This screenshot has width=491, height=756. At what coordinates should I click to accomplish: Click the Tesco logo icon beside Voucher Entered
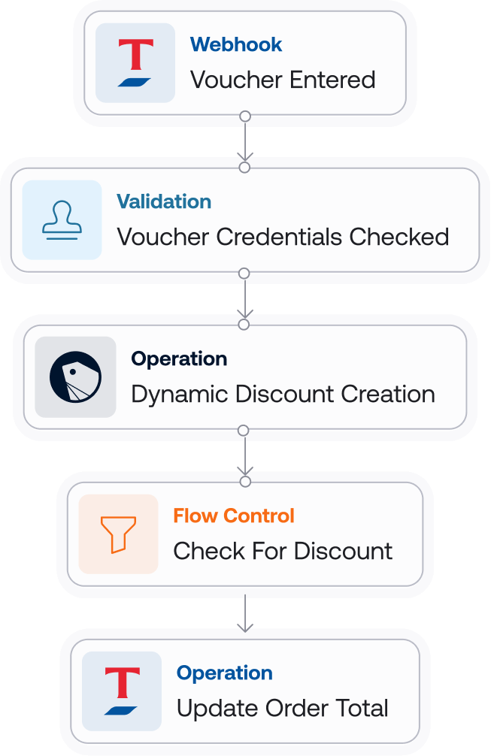click(135, 63)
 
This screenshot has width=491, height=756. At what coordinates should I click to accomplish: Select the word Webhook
click(236, 44)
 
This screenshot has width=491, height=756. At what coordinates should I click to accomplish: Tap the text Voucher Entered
click(283, 80)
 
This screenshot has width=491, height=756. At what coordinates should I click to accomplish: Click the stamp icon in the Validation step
click(62, 219)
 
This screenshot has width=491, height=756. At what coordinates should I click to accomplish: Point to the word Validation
click(164, 201)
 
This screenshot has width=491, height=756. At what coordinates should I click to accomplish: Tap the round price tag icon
click(75, 376)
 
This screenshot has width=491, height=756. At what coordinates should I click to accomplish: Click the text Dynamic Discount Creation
click(283, 395)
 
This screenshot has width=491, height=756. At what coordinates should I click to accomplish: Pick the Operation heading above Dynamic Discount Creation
click(179, 358)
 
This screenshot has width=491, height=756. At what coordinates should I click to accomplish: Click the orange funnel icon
click(119, 534)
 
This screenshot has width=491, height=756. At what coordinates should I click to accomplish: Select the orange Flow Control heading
click(234, 516)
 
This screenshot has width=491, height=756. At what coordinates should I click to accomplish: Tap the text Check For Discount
click(283, 552)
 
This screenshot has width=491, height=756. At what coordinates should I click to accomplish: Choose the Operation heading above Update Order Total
click(225, 673)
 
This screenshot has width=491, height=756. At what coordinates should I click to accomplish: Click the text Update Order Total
click(283, 709)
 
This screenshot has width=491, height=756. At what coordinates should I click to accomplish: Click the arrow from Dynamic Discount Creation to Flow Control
click(244, 455)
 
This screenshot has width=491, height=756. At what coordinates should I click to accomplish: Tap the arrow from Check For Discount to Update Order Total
click(244, 612)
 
